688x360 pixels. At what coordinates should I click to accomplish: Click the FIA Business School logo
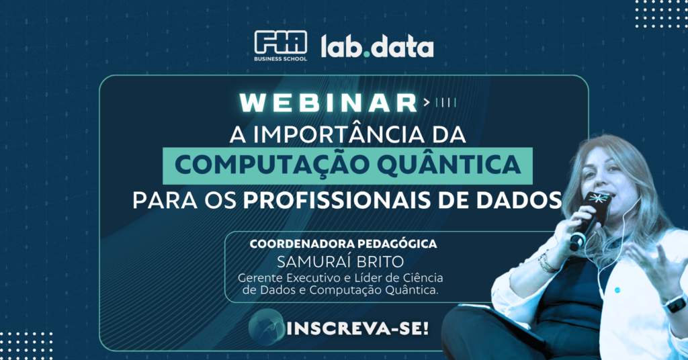[x=280, y=46]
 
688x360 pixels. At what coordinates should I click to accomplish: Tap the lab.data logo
[x=378, y=46]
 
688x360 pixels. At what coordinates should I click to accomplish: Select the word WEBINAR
[x=329, y=103]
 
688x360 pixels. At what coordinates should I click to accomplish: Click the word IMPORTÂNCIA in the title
[x=339, y=134]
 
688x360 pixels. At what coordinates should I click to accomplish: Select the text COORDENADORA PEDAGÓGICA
[x=343, y=244]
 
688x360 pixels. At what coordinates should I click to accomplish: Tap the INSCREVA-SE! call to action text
[x=357, y=328]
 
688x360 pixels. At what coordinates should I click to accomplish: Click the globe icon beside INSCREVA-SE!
[x=266, y=326]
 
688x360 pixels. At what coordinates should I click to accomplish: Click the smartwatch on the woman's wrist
[x=675, y=304]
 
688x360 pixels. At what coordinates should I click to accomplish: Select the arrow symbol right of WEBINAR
[x=427, y=103]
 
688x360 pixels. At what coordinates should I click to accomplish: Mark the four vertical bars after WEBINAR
[x=446, y=103]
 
